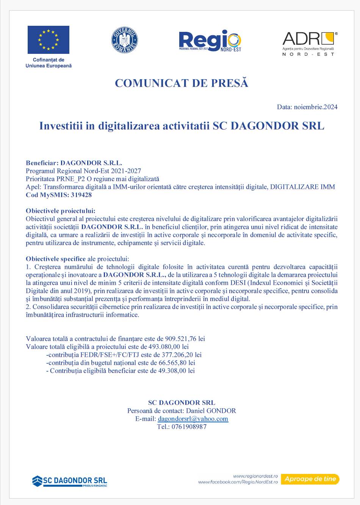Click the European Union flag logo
[x=48, y=40]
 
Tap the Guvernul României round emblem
[x=124, y=40]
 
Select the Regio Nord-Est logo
[x=210, y=41]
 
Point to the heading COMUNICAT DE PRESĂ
[x=182, y=83]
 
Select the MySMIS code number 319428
[x=81, y=195]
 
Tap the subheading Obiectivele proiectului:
[x=61, y=211]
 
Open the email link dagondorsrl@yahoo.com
[x=193, y=419]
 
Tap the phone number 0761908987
[x=189, y=427]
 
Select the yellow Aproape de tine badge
[x=310, y=479]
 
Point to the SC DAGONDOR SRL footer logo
[x=70, y=481]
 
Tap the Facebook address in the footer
[x=238, y=482]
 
